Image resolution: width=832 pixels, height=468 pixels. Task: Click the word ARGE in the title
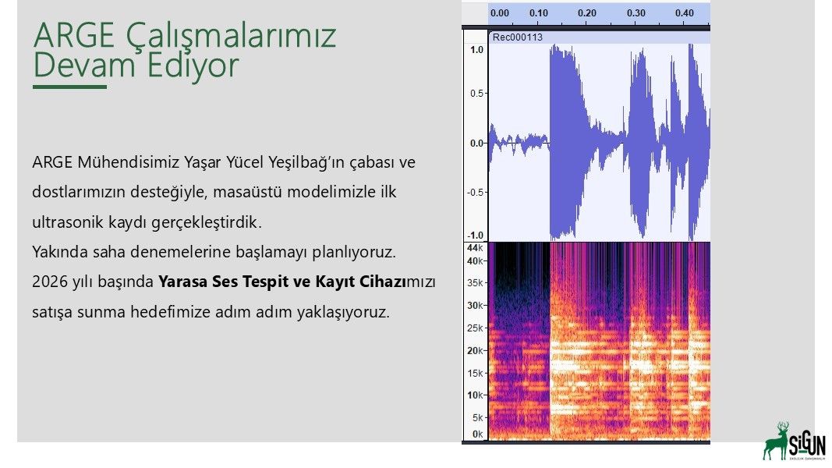[x=74, y=35]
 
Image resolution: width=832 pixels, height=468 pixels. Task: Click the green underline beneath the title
[x=69, y=87]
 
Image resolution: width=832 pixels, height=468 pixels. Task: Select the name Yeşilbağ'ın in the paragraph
[x=306, y=161]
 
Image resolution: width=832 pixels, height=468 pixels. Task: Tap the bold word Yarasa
[x=183, y=282]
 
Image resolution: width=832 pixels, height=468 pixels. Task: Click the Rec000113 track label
[x=517, y=37]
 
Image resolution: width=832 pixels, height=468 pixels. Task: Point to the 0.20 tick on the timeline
[x=587, y=12]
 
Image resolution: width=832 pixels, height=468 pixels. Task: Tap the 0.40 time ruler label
[x=685, y=12]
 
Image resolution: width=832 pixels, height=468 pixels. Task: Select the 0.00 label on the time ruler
[x=499, y=12]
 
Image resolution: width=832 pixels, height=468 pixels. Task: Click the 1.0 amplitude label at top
[x=477, y=50]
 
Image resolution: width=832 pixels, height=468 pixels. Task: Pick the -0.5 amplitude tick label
[x=476, y=192]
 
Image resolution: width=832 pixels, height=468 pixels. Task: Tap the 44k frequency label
[x=475, y=248]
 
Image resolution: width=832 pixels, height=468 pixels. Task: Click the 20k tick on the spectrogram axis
[x=475, y=350]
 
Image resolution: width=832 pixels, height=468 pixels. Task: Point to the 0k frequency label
[x=477, y=434]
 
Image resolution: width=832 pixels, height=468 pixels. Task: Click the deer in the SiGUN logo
[x=777, y=441]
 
